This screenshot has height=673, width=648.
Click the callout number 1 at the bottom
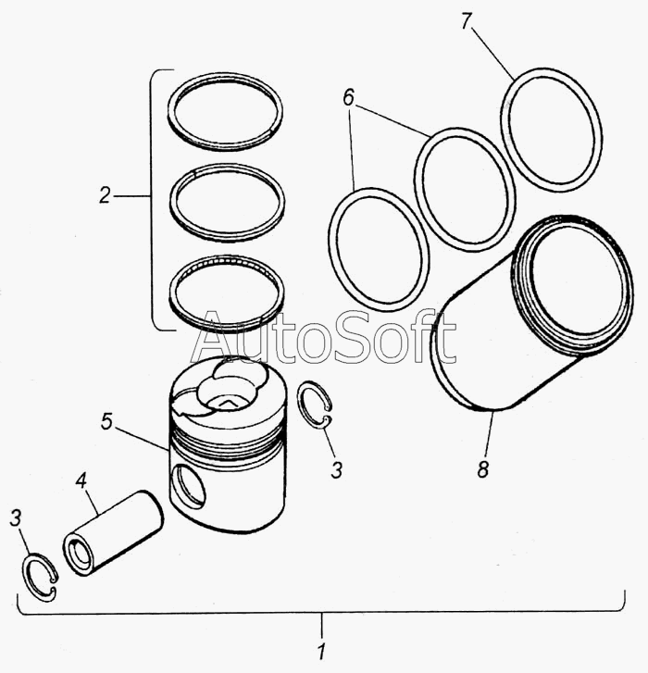[x=322, y=651]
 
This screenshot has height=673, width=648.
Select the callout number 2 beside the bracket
[x=106, y=195]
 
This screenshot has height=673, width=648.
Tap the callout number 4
[x=81, y=481]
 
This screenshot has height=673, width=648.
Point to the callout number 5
[x=106, y=421]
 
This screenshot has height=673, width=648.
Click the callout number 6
[x=348, y=97]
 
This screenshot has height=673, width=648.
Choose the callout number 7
[x=467, y=21]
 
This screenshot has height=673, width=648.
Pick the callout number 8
[x=483, y=469]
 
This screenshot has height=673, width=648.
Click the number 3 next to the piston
[x=336, y=470]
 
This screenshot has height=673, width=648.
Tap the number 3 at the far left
[x=16, y=518]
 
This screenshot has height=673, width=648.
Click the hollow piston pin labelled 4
[x=114, y=533]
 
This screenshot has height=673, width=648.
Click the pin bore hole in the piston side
[x=187, y=486]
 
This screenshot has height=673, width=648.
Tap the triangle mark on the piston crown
[x=227, y=403]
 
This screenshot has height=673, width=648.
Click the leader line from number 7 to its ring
[x=493, y=54]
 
